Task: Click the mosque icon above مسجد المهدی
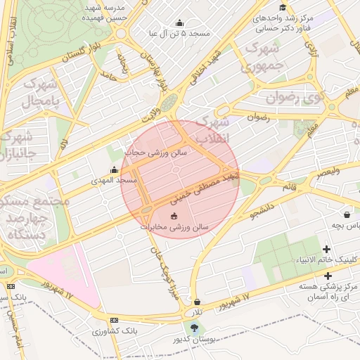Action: [x=115, y=169]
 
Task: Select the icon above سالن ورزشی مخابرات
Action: [x=174, y=216]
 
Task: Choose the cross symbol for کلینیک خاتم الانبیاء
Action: [x=327, y=249]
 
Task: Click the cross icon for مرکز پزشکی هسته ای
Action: [x=327, y=276]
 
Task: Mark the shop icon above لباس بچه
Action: [x=347, y=214]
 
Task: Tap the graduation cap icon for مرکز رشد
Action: [x=283, y=8]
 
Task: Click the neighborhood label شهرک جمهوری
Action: [x=261, y=58]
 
